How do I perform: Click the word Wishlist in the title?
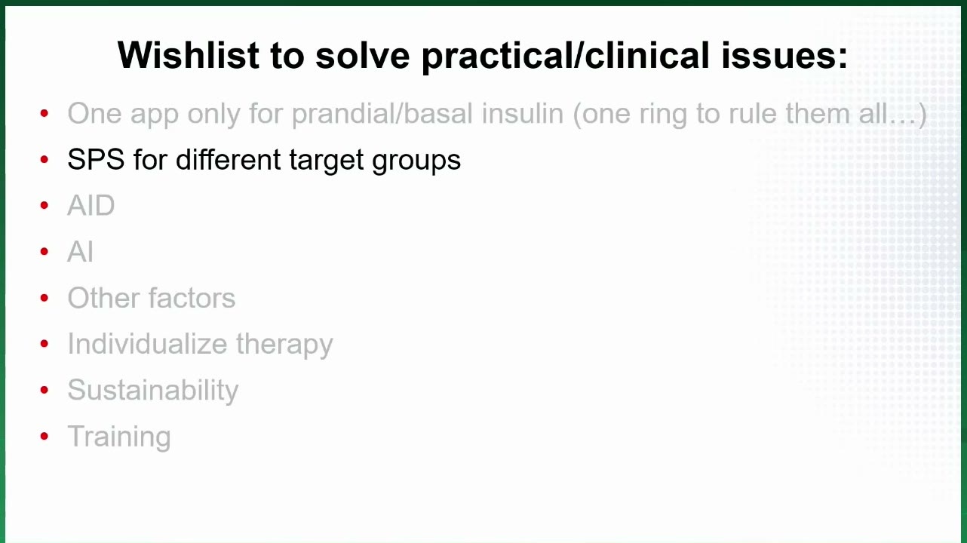[x=189, y=55]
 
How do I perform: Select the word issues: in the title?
[x=784, y=55]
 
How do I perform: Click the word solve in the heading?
[x=362, y=55]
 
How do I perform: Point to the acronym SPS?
[x=96, y=160]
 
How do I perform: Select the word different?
[x=228, y=160]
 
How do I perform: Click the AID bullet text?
[x=91, y=205]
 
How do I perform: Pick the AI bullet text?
[x=80, y=252]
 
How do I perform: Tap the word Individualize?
[x=147, y=344]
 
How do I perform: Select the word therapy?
[x=284, y=345]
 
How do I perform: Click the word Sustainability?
[x=153, y=391]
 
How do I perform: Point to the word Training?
[x=119, y=437]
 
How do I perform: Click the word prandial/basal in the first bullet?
[x=382, y=115]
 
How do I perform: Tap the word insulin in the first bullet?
[x=523, y=114]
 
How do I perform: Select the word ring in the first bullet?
[x=663, y=115]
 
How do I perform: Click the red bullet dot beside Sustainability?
[x=44, y=390]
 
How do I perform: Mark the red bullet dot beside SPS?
[x=44, y=160]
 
